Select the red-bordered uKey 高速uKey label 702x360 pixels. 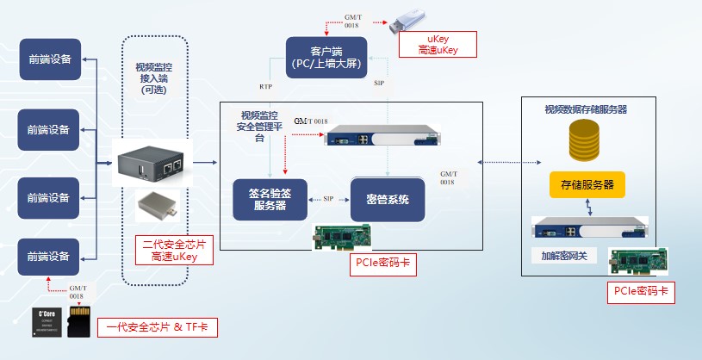pyautogui.click(x=437, y=45)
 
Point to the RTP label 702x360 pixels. pyautogui.click(x=266, y=87)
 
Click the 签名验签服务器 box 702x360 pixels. pyautogui.click(x=270, y=199)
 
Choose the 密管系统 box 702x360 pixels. pyautogui.click(x=387, y=199)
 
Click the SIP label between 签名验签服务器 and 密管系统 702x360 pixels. pyautogui.click(x=328, y=199)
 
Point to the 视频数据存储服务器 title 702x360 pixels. pyautogui.click(x=586, y=110)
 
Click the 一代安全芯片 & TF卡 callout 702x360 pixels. pyautogui.click(x=157, y=326)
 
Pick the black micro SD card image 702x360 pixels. pyautogui.click(x=78, y=323)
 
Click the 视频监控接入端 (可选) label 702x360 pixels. pyautogui.click(x=156, y=78)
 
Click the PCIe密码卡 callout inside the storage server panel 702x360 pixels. pyautogui.click(x=639, y=292)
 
